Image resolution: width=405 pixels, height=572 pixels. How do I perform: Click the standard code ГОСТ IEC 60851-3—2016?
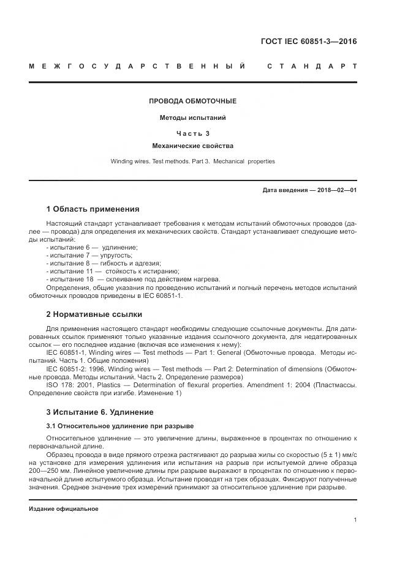click(x=309, y=42)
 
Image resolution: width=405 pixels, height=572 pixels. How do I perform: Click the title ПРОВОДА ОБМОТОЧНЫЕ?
click(x=192, y=101)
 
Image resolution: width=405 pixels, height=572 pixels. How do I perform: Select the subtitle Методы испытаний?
click(x=192, y=117)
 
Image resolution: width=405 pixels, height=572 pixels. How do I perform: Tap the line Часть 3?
click(x=192, y=132)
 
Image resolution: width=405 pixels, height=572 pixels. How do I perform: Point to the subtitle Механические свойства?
click(x=192, y=146)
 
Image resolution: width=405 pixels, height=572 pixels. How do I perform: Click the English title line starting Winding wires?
click(x=192, y=162)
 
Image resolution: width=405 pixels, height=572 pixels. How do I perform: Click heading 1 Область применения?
click(x=93, y=209)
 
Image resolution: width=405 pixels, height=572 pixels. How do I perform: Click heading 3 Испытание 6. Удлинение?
click(x=100, y=412)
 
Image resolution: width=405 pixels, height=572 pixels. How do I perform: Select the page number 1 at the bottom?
click(x=355, y=520)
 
